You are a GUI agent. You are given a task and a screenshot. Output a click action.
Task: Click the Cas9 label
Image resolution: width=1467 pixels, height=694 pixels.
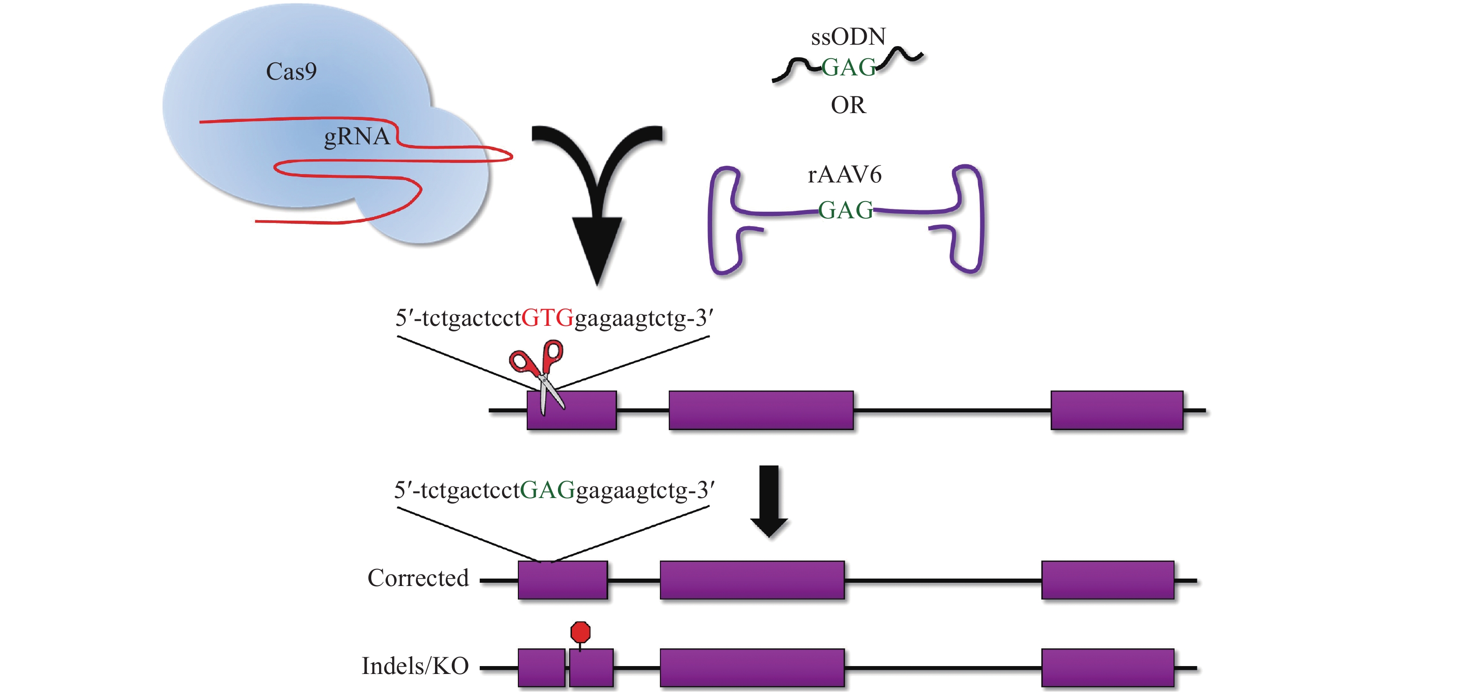(291, 72)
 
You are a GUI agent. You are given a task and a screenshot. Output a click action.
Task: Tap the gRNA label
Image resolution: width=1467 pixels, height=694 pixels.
(356, 137)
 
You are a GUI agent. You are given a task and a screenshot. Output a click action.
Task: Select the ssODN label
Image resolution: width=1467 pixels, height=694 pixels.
(848, 37)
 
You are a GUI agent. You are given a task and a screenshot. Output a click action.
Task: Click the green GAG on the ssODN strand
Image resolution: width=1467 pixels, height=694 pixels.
(848, 68)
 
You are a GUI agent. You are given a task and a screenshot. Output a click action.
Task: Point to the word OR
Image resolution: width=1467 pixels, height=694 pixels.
(848, 105)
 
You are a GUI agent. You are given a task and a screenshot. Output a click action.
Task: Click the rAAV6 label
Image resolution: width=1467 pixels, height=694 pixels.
(844, 175)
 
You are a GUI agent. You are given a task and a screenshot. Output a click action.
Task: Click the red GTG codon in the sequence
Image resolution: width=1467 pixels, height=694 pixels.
(547, 318)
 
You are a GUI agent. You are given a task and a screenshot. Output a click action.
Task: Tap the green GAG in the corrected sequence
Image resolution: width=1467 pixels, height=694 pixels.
(547, 490)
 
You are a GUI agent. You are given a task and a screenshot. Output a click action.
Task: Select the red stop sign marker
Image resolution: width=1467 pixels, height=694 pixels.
(580, 632)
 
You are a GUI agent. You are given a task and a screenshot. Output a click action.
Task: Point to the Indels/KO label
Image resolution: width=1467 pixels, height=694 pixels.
(415, 666)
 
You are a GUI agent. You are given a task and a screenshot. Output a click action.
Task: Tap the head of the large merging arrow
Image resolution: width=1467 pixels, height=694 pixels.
(597, 250)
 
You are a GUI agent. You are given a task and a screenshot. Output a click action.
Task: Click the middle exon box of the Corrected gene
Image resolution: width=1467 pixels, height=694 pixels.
(752, 580)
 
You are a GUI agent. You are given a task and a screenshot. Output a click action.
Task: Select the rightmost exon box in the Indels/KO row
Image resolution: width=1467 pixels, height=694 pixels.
(1107, 668)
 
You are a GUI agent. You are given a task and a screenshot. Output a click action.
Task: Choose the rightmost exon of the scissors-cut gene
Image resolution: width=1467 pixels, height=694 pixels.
(1117, 410)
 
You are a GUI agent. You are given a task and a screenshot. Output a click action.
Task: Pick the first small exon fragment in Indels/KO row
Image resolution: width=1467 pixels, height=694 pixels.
(542, 668)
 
